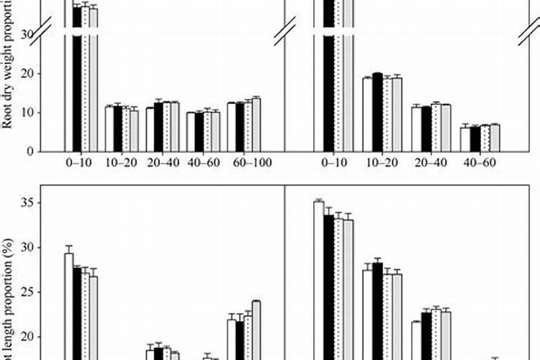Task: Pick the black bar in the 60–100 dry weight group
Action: pos(240,127)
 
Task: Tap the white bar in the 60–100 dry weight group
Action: pos(231,127)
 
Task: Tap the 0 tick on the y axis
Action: pos(32,151)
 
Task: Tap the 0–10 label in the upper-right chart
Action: pos(336,163)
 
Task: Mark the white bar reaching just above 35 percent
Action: pos(318,281)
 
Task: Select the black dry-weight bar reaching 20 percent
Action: pos(377,112)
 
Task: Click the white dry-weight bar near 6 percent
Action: pos(465,139)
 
